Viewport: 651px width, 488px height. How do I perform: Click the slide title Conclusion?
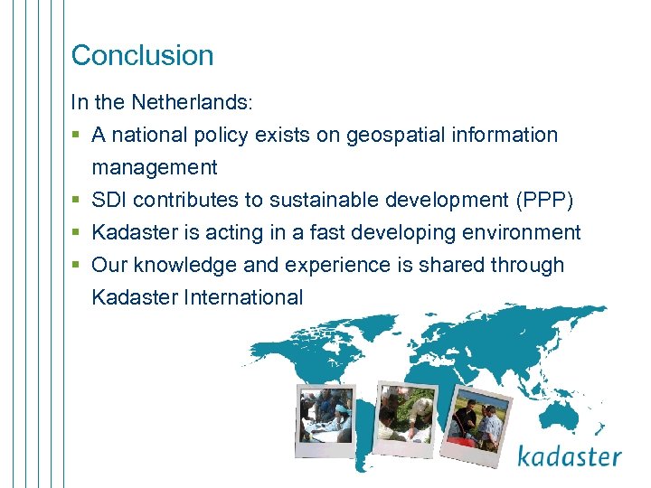point(142,55)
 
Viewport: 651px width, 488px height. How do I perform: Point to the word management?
point(154,168)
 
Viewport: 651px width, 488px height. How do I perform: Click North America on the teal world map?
point(289,352)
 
